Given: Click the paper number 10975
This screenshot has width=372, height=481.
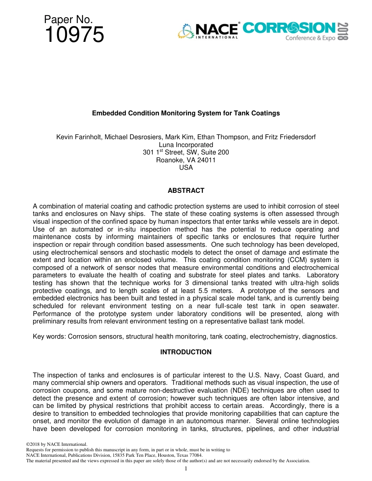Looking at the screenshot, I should (x=74, y=35).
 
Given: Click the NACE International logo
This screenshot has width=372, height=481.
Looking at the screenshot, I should (x=208, y=31).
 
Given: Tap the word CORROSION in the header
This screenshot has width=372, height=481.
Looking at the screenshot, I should (x=289, y=28).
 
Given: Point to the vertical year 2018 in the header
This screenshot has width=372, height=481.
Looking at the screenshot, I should (x=343, y=31).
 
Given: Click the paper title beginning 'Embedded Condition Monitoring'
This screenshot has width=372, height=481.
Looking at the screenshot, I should (x=186, y=113).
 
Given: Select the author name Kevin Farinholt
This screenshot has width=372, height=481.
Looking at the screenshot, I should (x=78, y=137).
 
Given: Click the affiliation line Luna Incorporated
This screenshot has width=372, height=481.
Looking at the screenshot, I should (x=186, y=145).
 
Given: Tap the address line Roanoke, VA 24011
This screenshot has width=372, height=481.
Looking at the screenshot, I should (x=186, y=160).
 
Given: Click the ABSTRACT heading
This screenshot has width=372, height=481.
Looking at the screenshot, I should (x=186, y=190).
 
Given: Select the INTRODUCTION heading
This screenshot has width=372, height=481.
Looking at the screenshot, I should (x=186, y=352).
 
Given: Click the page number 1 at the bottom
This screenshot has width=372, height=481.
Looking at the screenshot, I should (x=186, y=468).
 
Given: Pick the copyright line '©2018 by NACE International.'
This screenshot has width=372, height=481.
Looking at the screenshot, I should (x=56, y=444).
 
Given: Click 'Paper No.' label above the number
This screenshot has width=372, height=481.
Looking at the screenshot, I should (x=69, y=19).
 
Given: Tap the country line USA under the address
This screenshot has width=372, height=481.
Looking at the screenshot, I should (x=186, y=167).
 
